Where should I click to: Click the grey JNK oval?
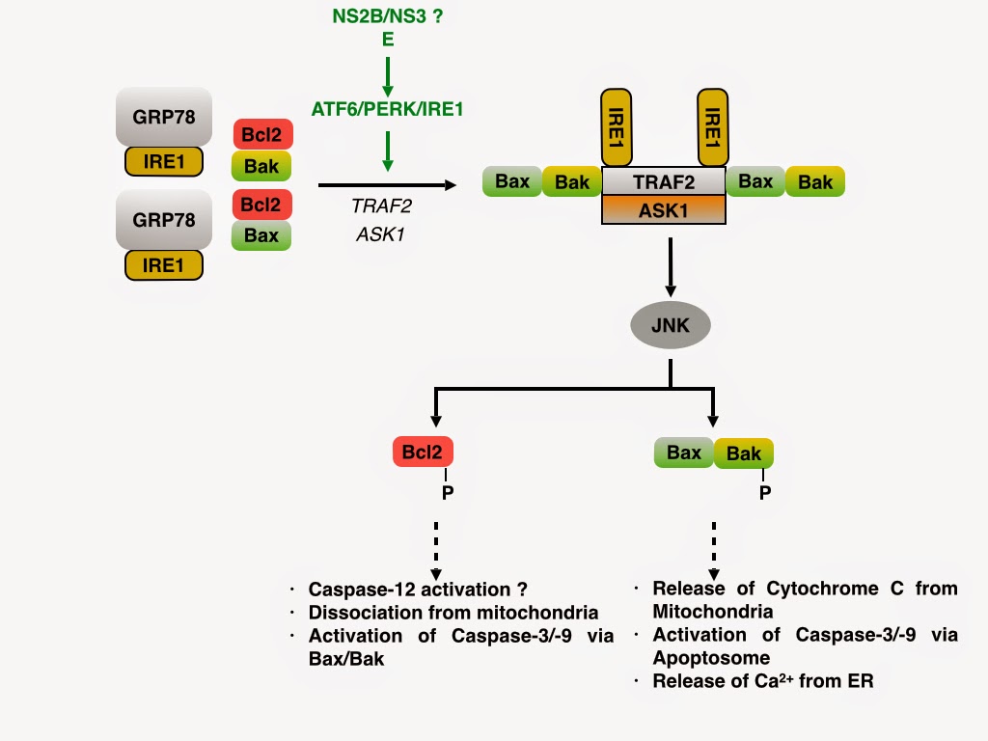click(x=671, y=326)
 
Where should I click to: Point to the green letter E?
click(x=387, y=40)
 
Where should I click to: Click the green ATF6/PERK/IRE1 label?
click(x=387, y=109)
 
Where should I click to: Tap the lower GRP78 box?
click(x=164, y=220)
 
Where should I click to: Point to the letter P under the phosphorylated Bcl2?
click(x=446, y=493)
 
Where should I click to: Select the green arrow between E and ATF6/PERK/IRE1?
click(x=387, y=77)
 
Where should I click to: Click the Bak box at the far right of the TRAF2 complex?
click(x=815, y=181)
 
